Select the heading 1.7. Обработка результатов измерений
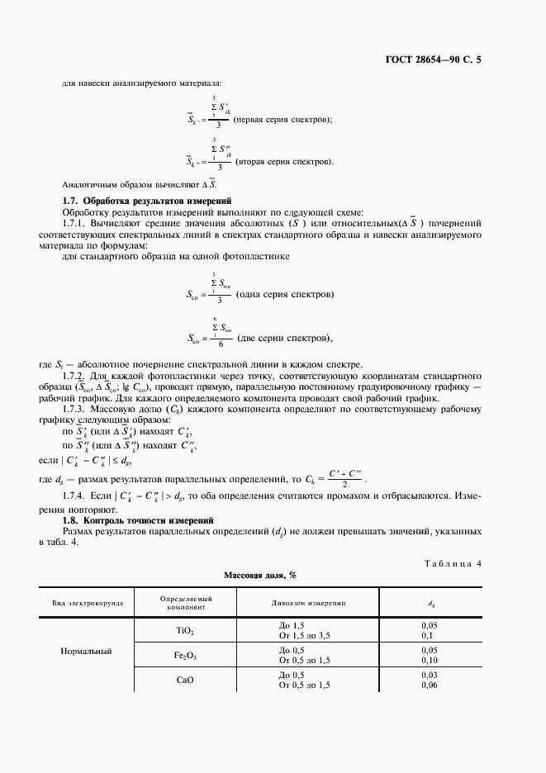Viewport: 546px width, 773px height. (x=147, y=201)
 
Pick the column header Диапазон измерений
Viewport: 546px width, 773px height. (x=308, y=604)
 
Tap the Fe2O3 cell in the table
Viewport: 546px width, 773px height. (x=185, y=656)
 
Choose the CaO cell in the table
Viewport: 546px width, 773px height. (x=185, y=681)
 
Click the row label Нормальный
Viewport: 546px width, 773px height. (x=86, y=652)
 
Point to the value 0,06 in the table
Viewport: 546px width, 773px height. (x=428, y=685)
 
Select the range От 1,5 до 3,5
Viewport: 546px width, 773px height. (x=309, y=635)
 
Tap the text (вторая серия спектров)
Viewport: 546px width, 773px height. (x=284, y=161)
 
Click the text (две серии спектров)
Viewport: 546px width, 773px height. (x=284, y=338)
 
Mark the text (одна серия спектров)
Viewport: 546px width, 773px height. (x=285, y=295)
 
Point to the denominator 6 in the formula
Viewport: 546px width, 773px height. (x=217, y=344)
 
